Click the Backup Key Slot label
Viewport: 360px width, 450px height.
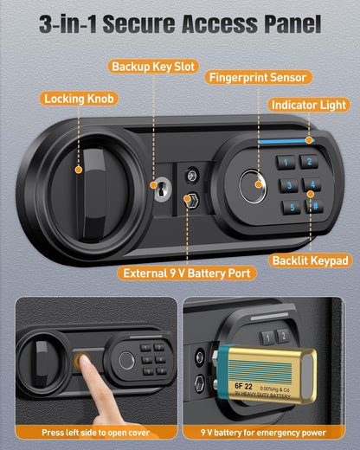pos(152,67)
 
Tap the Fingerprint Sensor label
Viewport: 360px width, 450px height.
pos(257,77)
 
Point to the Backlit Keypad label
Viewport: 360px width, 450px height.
pos(310,260)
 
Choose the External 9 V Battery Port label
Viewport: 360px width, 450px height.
pos(187,273)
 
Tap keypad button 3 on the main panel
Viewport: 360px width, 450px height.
pos(285,184)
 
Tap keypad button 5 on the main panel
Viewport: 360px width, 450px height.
pos(292,208)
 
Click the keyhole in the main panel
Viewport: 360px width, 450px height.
pos(160,185)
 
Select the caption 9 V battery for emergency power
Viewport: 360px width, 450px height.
pos(270,432)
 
